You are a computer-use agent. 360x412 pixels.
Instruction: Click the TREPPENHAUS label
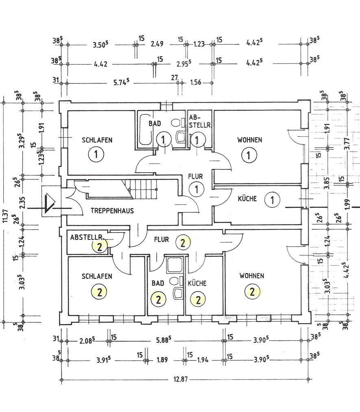(x=112, y=211)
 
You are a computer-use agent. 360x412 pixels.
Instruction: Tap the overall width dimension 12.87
(x=181, y=379)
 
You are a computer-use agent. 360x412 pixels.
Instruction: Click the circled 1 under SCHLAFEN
(x=96, y=155)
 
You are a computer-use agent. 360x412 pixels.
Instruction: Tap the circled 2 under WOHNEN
(x=252, y=292)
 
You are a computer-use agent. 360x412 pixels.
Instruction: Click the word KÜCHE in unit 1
(x=247, y=198)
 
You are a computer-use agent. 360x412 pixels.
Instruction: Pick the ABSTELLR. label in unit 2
(x=87, y=237)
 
